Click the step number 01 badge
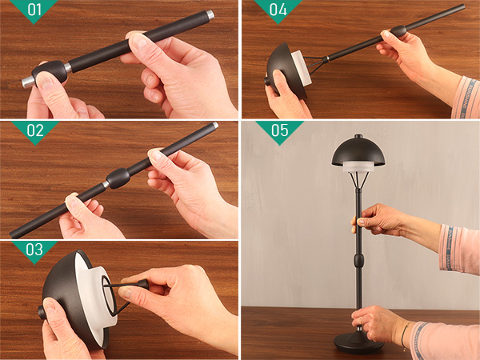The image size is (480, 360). pyautogui.click(x=34, y=9)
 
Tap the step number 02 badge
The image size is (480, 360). pyautogui.click(x=35, y=131)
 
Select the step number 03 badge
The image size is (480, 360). pyautogui.click(x=34, y=250)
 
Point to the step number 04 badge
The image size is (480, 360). pyautogui.click(x=278, y=9)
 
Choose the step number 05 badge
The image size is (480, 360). pyautogui.click(x=279, y=130)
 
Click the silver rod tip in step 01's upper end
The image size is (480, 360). pyautogui.click(x=210, y=14)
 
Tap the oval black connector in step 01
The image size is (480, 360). pyautogui.click(x=50, y=72)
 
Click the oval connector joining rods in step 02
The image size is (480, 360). pyautogui.click(x=118, y=178)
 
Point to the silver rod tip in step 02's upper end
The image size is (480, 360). pyautogui.click(x=215, y=125)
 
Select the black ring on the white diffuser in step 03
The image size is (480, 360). pyautogui.click(x=108, y=295)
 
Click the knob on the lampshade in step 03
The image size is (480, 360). pyautogui.click(x=41, y=312)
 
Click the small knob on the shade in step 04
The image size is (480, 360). pyautogui.click(x=266, y=82)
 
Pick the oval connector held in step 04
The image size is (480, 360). pyautogui.click(x=398, y=30)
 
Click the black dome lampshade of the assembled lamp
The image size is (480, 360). pyautogui.click(x=358, y=152)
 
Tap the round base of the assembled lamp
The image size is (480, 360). pyautogui.click(x=358, y=342)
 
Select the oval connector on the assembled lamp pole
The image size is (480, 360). pyautogui.click(x=358, y=260)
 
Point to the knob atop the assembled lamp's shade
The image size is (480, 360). pyautogui.click(x=358, y=136)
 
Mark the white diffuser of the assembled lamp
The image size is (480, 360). pyautogui.click(x=358, y=167)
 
